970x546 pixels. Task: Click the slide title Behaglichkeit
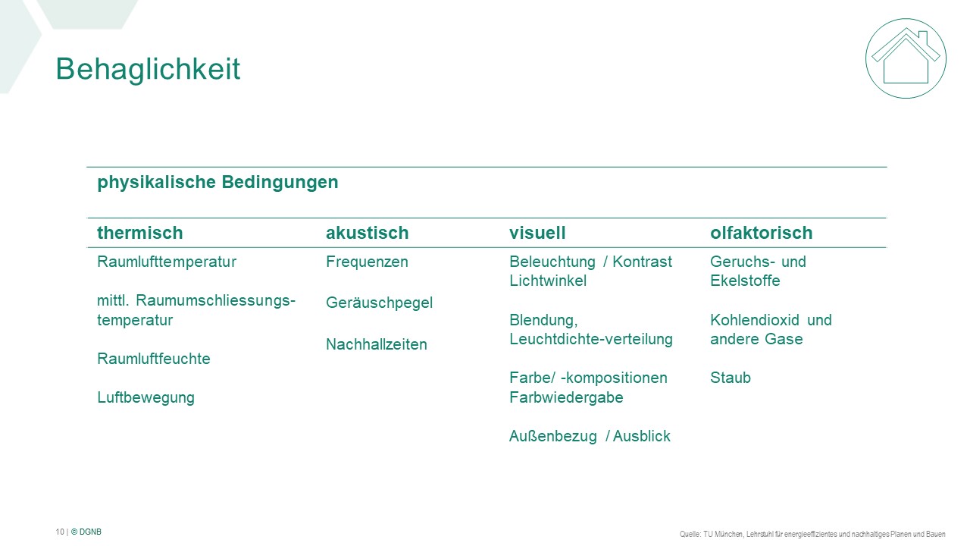click(x=148, y=69)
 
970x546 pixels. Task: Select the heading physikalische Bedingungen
click(x=217, y=182)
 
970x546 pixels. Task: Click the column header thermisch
click(x=140, y=233)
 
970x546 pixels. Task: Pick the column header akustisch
click(x=368, y=233)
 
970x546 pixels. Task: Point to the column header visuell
click(x=537, y=233)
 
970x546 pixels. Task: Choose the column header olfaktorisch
click(x=762, y=233)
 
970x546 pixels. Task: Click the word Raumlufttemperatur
click(x=167, y=262)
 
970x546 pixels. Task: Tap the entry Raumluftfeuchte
click(x=154, y=359)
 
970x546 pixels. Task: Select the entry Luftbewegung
click(x=146, y=398)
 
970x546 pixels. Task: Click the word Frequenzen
click(x=367, y=262)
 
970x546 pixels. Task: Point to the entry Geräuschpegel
click(x=379, y=303)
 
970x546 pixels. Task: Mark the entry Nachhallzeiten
click(x=377, y=344)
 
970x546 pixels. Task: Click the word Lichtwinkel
click(x=548, y=281)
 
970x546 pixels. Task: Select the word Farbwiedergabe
click(x=566, y=397)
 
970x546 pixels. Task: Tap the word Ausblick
click(x=642, y=436)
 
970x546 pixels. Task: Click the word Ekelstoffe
click(x=745, y=281)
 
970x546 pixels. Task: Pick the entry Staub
click(x=730, y=378)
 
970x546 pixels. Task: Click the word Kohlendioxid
click(x=755, y=320)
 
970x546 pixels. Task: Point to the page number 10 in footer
click(x=60, y=532)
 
